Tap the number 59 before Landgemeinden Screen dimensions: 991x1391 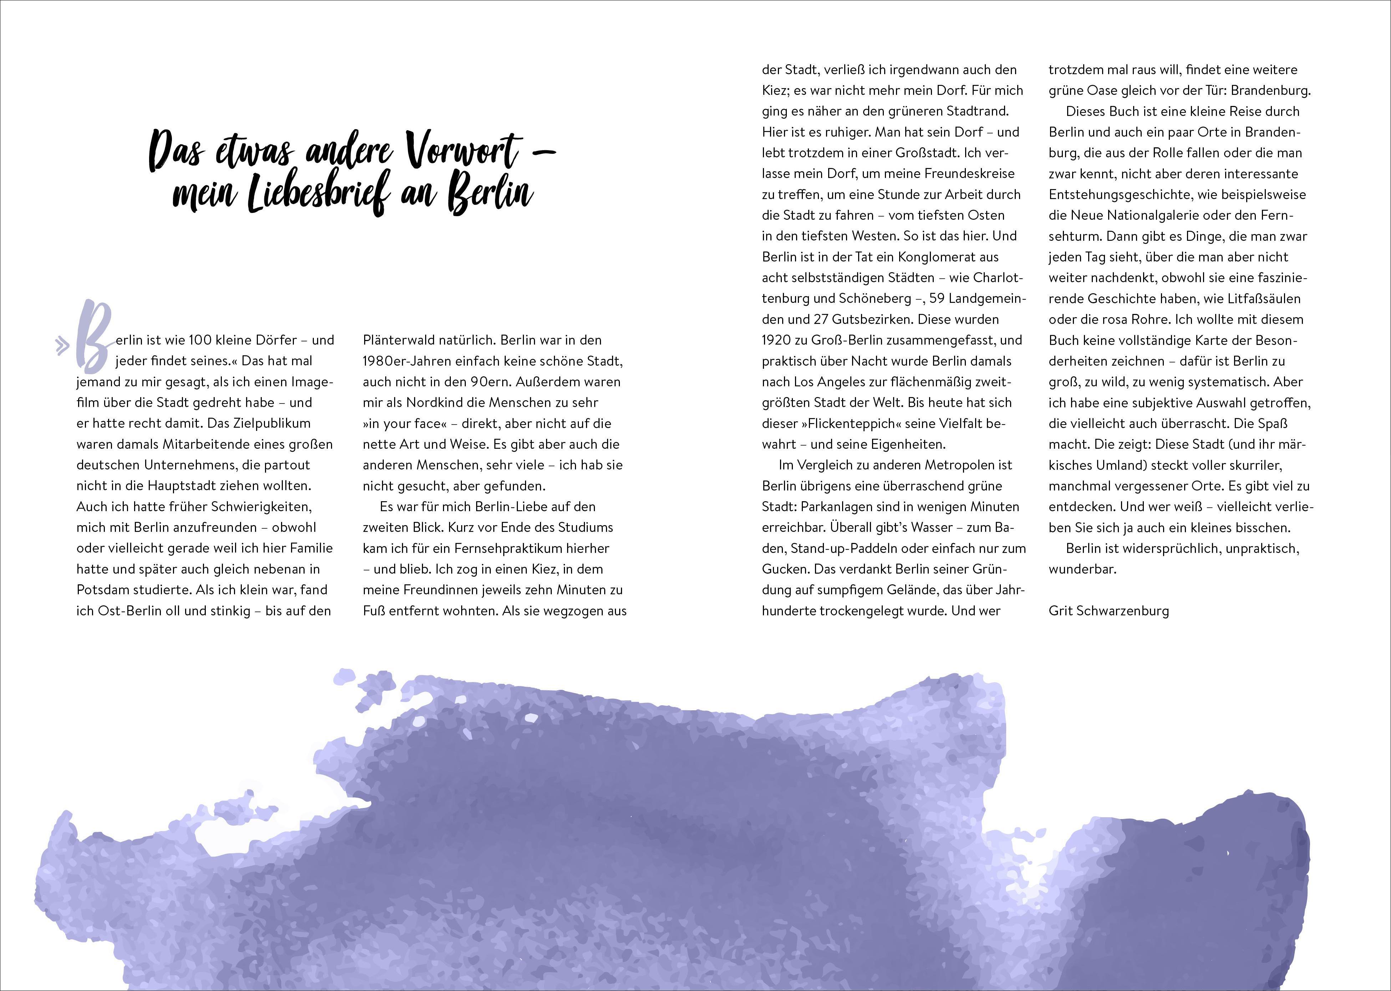pyautogui.click(x=937, y=298)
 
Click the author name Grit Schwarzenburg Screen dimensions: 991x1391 pyautogui.click(x=1109, y=611)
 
